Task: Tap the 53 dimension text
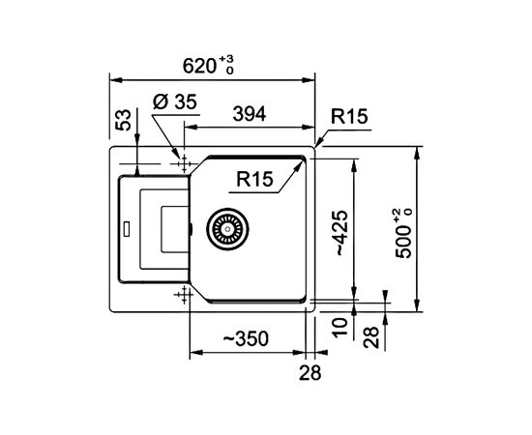(123, 122)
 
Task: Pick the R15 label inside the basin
(256, 179)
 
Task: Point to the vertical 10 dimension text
(340, 326)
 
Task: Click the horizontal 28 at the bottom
(309, 371)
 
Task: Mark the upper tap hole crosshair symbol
(181, 163)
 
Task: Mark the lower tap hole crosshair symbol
(181, 294)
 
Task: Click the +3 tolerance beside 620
(228, 60)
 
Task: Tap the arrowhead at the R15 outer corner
(315, 144)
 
